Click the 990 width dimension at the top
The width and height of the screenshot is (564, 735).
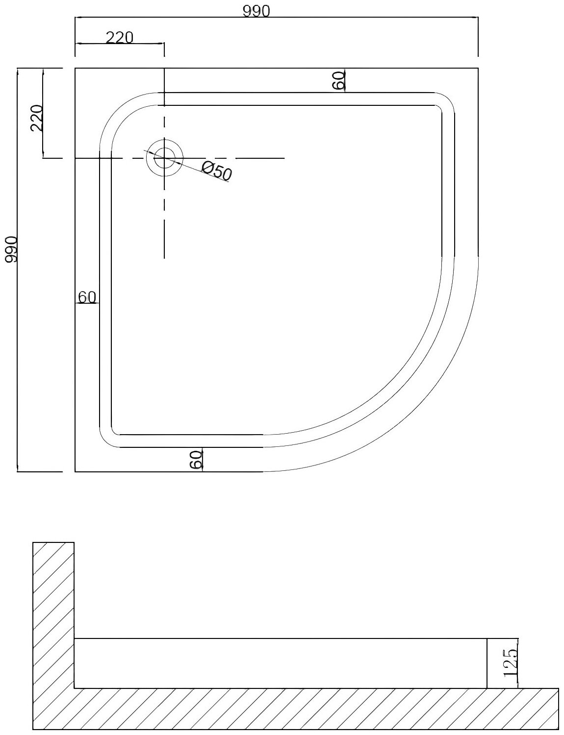pyautogui.click(x=256, y=11)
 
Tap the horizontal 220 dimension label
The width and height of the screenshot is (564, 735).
pyautogui.click(x=119, y=37)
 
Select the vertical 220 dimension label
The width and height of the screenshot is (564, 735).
pyautogui.click(x=37, y=118)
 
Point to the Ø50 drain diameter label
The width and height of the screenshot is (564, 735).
pyautogui.click(x=216, y=172)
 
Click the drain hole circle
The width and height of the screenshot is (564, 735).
pyautogui.click(x=164, y=158)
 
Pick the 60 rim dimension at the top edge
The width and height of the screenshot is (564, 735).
pyautogui.click(x=339, y=80)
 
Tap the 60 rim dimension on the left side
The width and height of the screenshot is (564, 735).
pyautogui.click(x=87, y=297)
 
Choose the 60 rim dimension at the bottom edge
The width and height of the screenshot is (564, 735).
pyautogui.click(x=196, y=460)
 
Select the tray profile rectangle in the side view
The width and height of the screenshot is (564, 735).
pyautogui.click(x=280, y=663)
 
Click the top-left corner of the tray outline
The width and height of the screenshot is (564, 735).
pyautogui.click(x=75, y=69)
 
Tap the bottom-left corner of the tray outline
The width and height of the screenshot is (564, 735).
pyautogui.click(x=75, y=471)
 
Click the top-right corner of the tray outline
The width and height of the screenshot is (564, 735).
pyautogui.click(x=478, y=69)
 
